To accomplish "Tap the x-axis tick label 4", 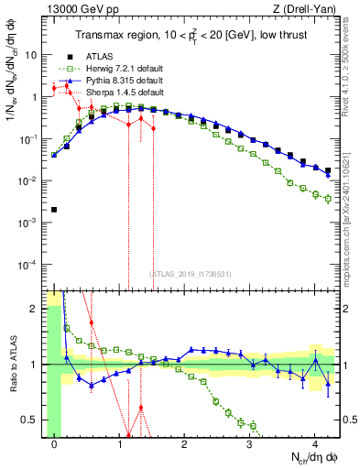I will pyautogui.click(x=315, y=444).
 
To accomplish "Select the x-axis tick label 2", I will pyautogui.click(x=185, y=444).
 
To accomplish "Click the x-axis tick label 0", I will pyautogui.click(x=55, y=444).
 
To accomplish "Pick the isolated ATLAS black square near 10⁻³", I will pyautogui.click(x=55, y=210).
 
